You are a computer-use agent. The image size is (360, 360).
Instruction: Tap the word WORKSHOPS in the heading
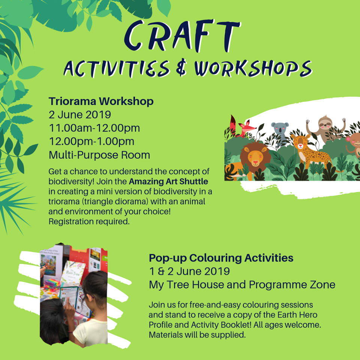coord(253,68)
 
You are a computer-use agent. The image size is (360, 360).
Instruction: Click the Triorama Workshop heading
coord(101,102)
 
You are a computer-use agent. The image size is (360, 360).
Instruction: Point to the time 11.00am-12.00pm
coord(94,128)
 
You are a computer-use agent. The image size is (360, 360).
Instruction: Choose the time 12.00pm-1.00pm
coord(91,141)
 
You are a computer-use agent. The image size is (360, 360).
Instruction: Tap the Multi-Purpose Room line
coord(99,155)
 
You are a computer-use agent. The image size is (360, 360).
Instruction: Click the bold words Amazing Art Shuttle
coord(168,181)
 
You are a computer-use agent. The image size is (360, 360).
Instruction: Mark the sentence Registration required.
coord(89,222)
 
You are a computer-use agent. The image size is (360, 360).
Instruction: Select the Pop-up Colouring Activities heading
coord(221,258)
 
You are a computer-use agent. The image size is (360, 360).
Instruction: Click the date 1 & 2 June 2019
coord(189,271)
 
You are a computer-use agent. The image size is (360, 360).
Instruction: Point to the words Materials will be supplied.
coord(197,335)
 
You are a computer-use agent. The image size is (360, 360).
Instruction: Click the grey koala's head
coord(280,129)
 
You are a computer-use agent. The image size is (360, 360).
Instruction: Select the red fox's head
coord(246,127)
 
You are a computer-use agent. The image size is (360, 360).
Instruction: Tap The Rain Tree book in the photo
coord(73,273)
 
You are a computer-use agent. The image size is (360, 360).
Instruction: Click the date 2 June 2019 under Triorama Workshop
coord(79,115)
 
